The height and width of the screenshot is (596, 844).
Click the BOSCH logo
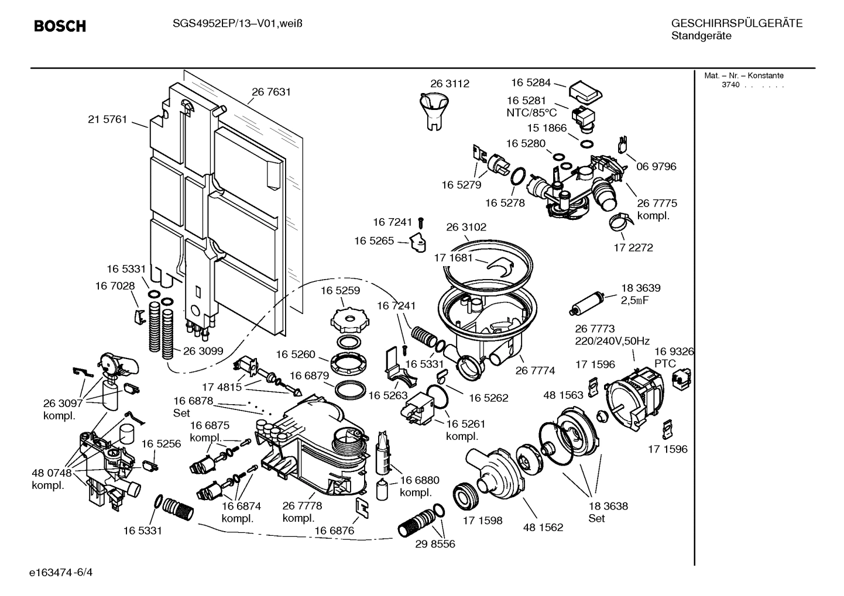click(60, 26)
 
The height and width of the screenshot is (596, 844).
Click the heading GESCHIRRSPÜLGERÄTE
click(736, 23)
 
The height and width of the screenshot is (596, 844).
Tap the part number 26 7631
click(271, 92)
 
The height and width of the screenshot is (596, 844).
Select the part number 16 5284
click(531, 82)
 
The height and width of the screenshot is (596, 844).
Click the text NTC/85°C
click(531, 113)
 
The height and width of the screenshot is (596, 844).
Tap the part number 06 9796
click(656, 167)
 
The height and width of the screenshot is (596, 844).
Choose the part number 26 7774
click(535, 370)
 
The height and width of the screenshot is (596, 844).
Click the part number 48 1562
click(543, 527)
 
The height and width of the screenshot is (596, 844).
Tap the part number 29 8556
click(435, 544)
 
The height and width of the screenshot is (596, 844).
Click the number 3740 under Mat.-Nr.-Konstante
click(730, 85)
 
